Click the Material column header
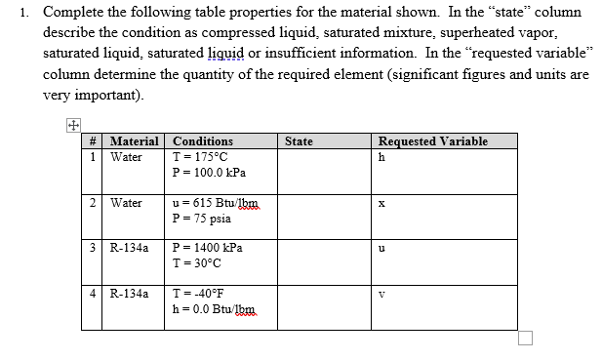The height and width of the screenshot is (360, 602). tap(137, 141)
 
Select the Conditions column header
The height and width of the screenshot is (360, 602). tap(202, 141)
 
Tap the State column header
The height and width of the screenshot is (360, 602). tap(299, 141)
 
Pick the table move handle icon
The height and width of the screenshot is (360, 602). tap(71, 125)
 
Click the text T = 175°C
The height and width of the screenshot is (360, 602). tap(200, 156)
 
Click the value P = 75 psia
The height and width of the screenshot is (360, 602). tap(199, 218)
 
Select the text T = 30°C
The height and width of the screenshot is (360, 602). tap(196, 262)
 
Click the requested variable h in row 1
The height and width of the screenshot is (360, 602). tap(381, 157)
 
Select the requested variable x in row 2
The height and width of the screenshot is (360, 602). tap(381, 204)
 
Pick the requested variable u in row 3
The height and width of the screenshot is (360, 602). tap(381, 249)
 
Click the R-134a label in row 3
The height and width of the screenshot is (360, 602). tap(130, 248)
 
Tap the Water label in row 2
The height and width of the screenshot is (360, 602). tap(126, 203)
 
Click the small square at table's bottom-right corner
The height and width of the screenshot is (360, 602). tap(526, 338)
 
